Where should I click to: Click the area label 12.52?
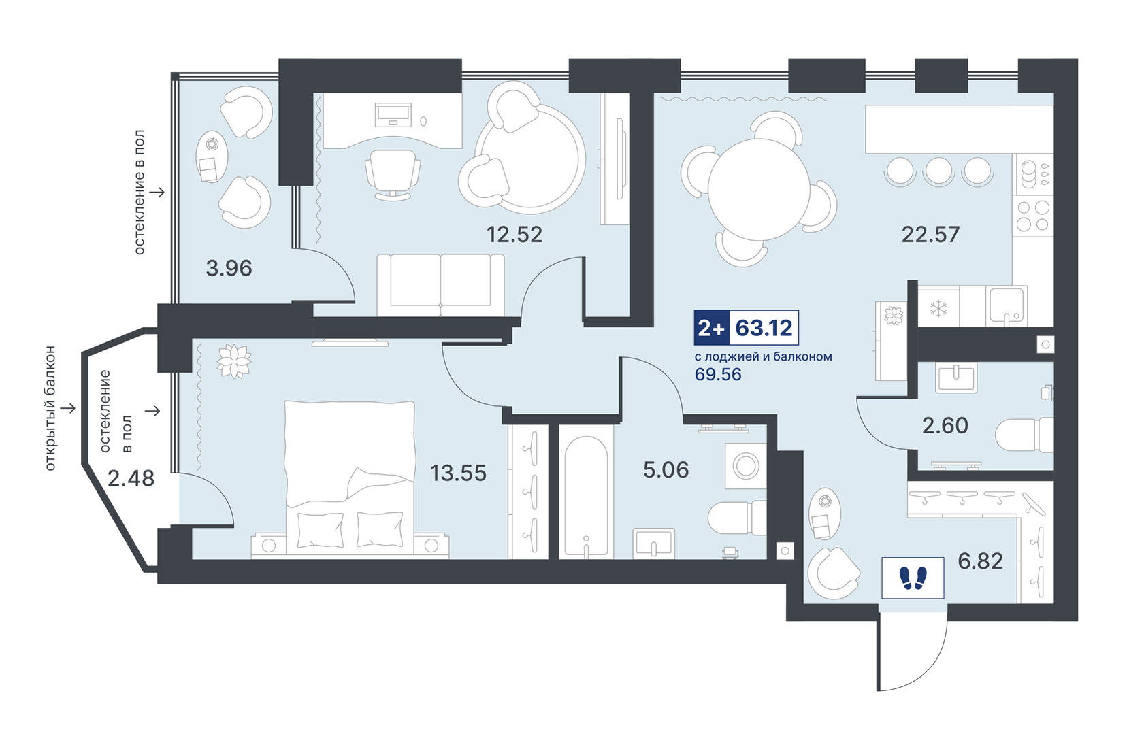click(514, 235)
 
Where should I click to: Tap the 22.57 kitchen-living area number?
click(930, 235)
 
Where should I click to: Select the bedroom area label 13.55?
click(458, 473)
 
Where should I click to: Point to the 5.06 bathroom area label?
click(666, 469)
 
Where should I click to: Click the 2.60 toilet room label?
click(945, 426)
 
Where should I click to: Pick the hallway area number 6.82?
click(980, 561)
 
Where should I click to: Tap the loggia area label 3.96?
click(229, 269)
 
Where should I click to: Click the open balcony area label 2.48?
click(131, 479)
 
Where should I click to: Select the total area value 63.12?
click(764, 328)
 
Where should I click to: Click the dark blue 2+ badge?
click(711, 328)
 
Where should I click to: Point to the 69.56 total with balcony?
click(718, 375)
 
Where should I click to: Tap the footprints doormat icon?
click(913, 578)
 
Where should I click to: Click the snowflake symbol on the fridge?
click(938, 307)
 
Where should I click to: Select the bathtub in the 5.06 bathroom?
click(586, 497)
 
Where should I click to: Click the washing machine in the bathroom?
click(746, 466)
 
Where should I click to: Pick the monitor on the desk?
click(393, 115)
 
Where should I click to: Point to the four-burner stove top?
click(1034, 216)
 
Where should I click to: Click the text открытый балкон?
click(50, 408)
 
